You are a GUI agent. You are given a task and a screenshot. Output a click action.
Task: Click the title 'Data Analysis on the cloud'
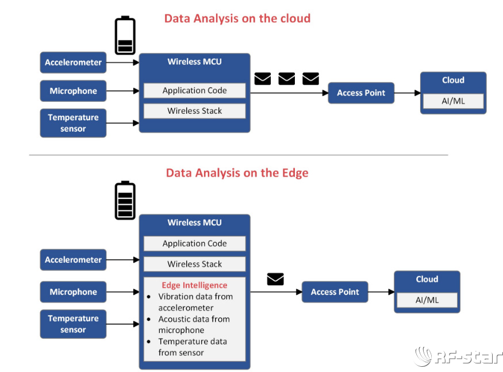[237, 18]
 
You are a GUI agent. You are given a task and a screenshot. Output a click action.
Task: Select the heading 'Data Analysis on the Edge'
[237, 173]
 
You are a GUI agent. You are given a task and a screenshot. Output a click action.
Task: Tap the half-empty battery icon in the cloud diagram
[125, 36]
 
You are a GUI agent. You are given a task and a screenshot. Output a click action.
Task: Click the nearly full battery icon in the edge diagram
[125, 200]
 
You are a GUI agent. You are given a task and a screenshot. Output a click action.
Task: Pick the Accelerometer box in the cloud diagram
[73, 63]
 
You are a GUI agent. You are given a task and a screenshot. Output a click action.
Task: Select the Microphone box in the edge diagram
[73, 292]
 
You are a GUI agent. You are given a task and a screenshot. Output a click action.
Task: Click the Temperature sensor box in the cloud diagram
[73, 123]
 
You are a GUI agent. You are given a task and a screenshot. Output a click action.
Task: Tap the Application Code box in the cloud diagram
[194, 91]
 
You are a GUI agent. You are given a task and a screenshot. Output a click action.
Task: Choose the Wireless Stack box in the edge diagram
[194, 264]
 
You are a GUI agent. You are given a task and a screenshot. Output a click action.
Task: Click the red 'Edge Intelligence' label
[194, 285]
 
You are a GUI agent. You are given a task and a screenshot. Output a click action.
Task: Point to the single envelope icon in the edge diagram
[275, 279]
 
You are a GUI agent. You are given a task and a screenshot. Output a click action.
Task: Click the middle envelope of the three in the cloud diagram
[286, 79]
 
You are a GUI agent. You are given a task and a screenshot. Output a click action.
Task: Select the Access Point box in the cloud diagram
[361, 93]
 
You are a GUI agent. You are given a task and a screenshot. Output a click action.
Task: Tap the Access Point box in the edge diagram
[335, 292]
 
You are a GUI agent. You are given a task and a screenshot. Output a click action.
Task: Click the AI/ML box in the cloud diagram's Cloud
[453, 101]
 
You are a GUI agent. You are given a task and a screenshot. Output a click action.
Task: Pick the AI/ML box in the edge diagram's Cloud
[427, 300]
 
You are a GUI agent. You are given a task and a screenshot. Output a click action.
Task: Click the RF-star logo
[459, 356]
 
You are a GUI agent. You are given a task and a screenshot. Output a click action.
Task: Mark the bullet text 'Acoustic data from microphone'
[194, 325]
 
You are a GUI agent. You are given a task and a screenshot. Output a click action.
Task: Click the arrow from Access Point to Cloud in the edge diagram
[381, 292]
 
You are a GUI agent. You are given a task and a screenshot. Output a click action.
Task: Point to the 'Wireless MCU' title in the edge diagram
[194, 223]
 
